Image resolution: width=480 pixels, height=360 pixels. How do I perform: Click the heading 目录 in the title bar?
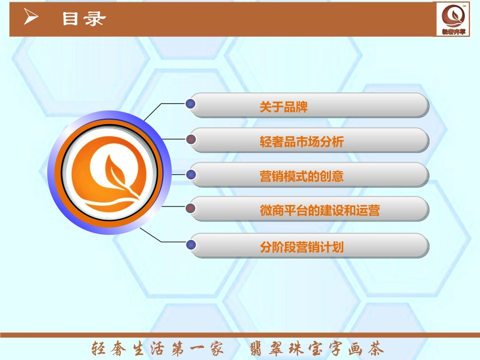[84, 19]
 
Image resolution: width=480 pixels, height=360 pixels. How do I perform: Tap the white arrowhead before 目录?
[31, 19]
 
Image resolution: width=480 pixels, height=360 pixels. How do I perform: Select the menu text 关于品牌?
[283, 107]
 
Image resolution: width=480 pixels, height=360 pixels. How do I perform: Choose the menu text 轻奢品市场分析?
[302, 142]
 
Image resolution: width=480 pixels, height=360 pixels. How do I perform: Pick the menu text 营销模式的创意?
[302, 176]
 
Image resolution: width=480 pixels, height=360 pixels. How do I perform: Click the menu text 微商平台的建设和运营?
[319, 211]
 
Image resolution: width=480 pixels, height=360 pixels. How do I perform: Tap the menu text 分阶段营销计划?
[302, 247]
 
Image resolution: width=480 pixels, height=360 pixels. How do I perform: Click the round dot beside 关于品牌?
[190, 104]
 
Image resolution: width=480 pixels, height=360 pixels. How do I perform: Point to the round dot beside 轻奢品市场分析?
[190, 139]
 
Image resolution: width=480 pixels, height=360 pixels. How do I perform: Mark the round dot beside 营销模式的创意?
[190, 175]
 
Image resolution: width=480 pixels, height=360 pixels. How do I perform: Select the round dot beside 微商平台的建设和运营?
[190, 208]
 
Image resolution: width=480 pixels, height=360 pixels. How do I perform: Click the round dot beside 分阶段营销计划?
[190, 245]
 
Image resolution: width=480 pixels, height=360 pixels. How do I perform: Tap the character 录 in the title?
[95, 19]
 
